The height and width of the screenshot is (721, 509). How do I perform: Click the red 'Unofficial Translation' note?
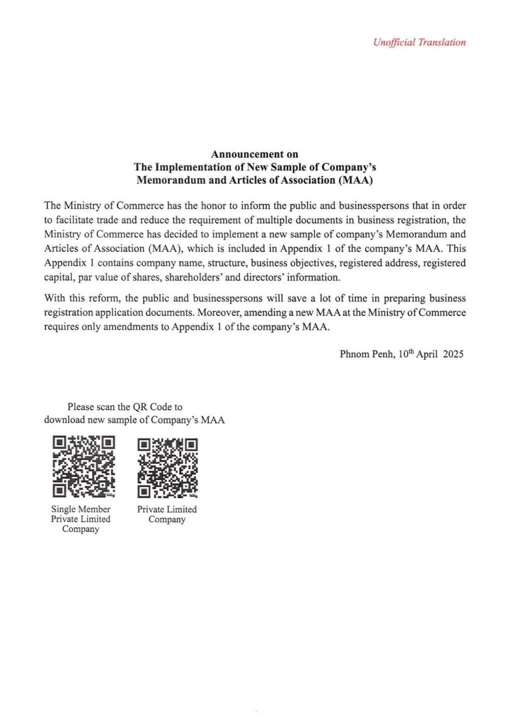[419, 42]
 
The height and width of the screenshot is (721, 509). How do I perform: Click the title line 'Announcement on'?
[254, 154]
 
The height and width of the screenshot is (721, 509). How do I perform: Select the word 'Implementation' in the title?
[187, 167]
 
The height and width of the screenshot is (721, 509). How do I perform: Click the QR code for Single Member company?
[83, 467]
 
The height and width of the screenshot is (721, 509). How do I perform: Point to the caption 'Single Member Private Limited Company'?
[81, 519]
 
